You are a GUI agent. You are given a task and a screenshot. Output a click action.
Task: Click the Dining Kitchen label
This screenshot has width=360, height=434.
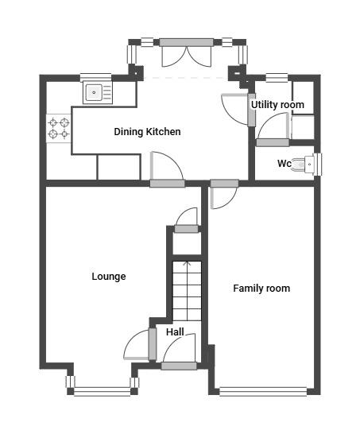(x=147, y=132)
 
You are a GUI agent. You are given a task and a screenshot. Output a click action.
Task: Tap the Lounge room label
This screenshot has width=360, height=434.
(x=109, y=277)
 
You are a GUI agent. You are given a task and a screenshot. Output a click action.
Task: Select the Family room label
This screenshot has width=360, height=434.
(x=261, y=289)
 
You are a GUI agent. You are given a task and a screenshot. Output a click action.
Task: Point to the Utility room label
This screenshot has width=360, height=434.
(x=277, y=105)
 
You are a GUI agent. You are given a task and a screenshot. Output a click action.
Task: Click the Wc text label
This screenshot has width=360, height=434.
(x=285, y=163)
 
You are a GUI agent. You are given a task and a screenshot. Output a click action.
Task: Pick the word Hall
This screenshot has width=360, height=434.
(x=175, y=332)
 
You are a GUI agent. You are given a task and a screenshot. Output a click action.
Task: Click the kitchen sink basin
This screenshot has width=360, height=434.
(x=94, y=92)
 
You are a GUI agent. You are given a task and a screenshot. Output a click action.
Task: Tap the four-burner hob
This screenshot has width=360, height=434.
(x=59, y=129)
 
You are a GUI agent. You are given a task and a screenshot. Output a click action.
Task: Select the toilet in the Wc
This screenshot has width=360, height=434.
(x=304, y=164)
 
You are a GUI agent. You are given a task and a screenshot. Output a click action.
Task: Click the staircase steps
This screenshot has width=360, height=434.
(x=187, y=291)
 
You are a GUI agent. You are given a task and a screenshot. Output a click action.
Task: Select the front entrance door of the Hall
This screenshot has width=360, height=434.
(x=179, y=350)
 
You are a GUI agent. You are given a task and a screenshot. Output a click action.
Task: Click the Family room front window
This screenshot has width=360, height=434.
(x=263, y=391)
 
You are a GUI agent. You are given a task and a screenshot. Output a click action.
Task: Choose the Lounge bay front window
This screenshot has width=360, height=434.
(x=103, y=391)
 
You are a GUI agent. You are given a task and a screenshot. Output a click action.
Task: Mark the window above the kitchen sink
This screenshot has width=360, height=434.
(x=95, y=78)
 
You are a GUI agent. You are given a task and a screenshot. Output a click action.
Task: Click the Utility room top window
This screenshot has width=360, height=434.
(x=277, y=78)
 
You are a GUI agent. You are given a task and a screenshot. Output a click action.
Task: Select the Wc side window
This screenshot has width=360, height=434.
(x=319, y=165)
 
